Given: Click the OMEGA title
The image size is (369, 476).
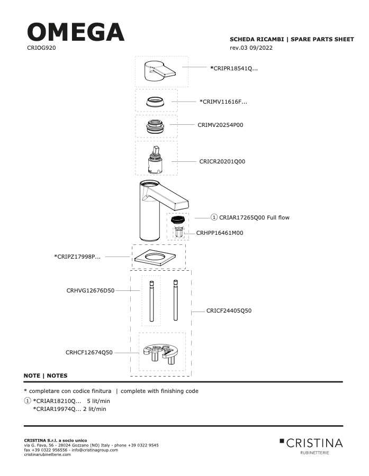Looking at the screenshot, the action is coord(76,32).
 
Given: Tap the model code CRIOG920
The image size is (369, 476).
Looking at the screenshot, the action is coord(41,48).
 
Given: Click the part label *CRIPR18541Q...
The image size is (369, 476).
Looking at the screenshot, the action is coord(234,68).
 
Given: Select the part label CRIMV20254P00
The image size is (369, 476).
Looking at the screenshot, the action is coord(220,125).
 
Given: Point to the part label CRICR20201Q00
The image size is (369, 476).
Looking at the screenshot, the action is coord(222,161).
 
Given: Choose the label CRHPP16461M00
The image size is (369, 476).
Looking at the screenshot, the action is coord(220,233).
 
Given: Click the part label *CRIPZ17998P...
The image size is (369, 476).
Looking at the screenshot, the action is coord(77,257).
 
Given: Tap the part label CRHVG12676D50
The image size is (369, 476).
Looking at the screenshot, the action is coord(91,290).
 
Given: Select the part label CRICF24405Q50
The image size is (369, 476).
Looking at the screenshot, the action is coord(229,310).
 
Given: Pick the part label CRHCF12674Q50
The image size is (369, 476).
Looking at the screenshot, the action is coord(89,352).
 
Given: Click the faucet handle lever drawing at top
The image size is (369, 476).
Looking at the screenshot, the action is coord(160,71).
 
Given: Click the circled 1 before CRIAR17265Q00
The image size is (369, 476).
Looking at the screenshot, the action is coord(214,217).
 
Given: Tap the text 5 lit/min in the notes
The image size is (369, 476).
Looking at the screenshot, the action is coord(98,401).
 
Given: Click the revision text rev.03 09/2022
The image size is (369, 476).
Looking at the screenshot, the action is coord(251,48).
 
